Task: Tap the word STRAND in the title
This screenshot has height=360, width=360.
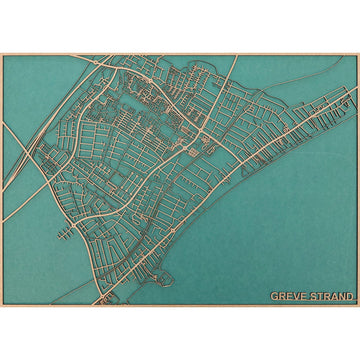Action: tap(330, 296)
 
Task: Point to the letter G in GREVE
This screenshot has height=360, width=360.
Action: tap(274, 296)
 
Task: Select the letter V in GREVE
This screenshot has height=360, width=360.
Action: tap(294, 296)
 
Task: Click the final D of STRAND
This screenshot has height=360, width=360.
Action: tap(350, 296)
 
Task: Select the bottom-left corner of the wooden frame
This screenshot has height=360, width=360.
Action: tap(2, 306)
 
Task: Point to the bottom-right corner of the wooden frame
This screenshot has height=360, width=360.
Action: tap(358, 306)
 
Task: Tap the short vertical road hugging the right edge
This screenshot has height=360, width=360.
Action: tap(353, 95)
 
